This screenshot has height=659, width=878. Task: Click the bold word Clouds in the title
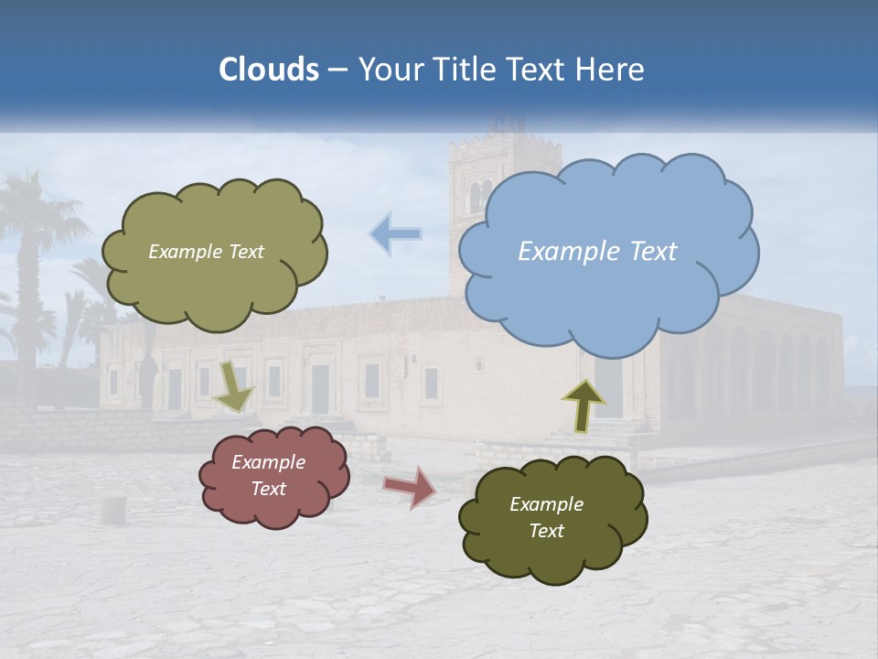click(x=268, y=69)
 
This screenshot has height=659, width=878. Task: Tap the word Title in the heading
click(x=465, y=69)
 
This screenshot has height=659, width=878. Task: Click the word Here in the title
click(x=613, y=69)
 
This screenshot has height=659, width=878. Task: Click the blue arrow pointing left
click(x=395, y=234)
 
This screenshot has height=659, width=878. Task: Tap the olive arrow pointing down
click(x=235, y=386)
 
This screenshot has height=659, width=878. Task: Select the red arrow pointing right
click(x=409, y=487)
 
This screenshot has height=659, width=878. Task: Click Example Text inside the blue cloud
click(x=597, y=252)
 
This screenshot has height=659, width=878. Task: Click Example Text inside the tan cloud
click(x=206, y=252)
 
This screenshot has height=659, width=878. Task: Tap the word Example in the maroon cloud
click(x=268, y=462)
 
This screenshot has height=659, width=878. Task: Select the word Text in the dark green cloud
click(x=546, y=531)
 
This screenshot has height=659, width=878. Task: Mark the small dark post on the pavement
click(x=112, y=510)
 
